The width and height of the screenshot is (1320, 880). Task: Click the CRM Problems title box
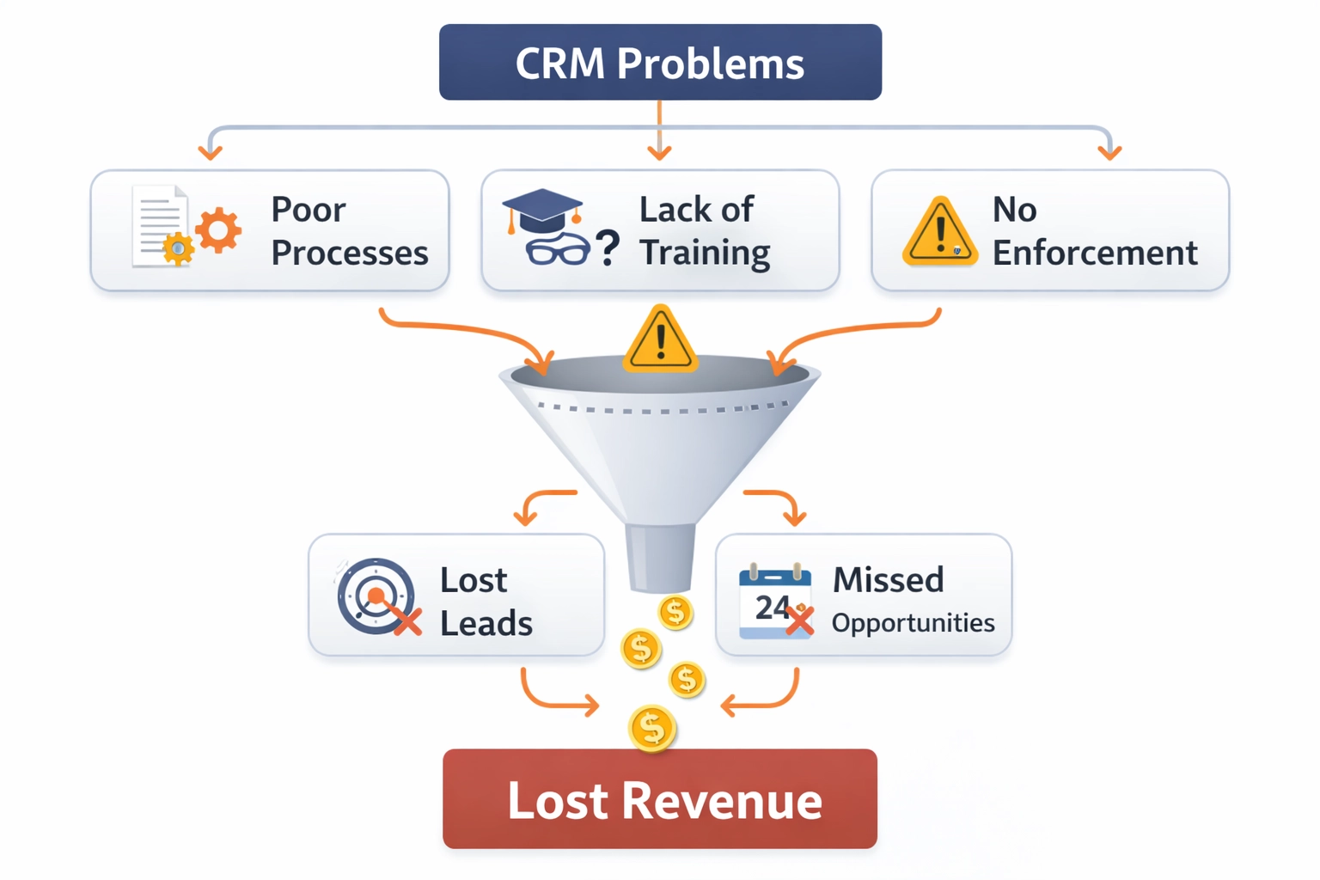click(x=660, y=63)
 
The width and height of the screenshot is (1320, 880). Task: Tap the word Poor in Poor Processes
click(x=308, y=210)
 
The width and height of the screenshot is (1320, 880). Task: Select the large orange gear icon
click(x=218, y=229)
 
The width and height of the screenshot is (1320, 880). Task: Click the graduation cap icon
click(x=541, y=210)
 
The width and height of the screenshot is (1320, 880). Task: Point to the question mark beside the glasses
click(x=608, y=248)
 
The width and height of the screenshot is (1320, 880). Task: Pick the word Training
click(x=705, y=254)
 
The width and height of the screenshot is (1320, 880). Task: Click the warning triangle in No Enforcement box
click(x=939, y=232)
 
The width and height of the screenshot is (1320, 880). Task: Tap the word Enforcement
click(x=1094, y=254)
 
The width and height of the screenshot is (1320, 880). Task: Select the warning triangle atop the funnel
click(x=660, y=340)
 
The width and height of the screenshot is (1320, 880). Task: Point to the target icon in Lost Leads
click(x=376, y=596)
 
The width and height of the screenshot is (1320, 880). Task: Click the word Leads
click(x=486, y=624)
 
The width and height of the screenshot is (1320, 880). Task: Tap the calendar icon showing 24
click(x=775, y=602)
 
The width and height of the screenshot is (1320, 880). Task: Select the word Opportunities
click(x=913, y=623)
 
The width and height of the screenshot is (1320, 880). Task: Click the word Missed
click(x=888, y=580)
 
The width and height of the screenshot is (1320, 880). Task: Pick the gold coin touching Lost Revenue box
click(x=652, y=729)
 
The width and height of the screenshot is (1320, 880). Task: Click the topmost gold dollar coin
click(x=675, y=613)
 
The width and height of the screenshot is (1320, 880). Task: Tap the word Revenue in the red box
click(x=722, y=801)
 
